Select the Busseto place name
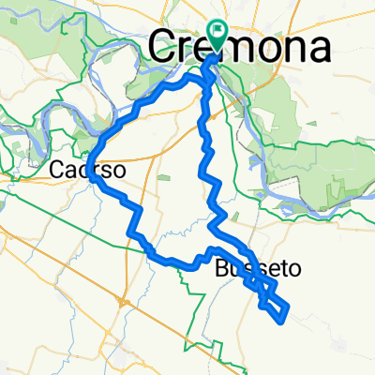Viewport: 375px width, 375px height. pos(258,268)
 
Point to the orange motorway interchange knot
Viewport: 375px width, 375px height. pos(123,302)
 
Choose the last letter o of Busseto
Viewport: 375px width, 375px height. pos(296,268)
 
